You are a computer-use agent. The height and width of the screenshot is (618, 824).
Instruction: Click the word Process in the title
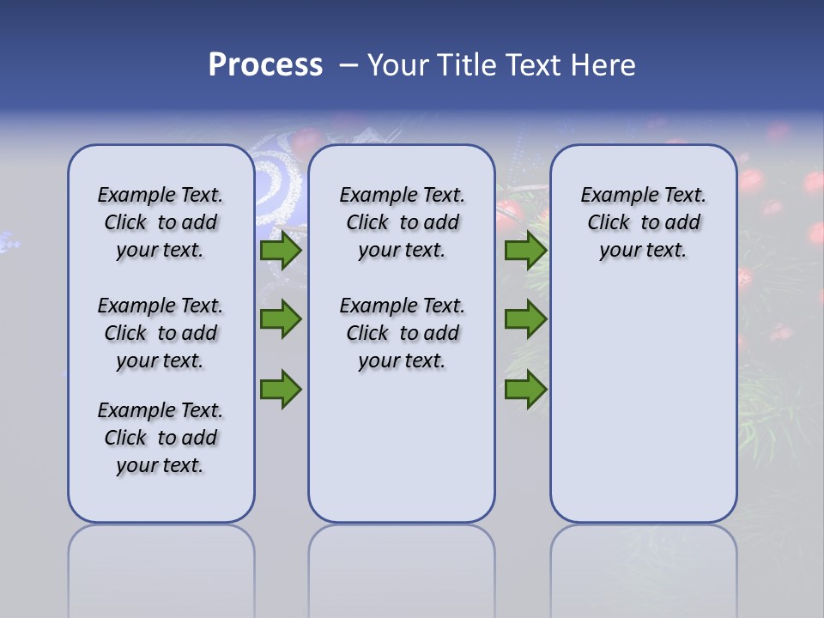(x=265, y=64)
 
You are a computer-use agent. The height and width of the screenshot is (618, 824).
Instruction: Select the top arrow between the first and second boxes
(x=281, y=251)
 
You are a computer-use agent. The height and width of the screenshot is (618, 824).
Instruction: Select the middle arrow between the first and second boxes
(x=281, y=319)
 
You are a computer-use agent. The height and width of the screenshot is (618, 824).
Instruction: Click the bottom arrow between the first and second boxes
(x=281, y=389)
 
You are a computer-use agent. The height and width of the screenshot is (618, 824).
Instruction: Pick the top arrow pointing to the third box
(x=525, y=251)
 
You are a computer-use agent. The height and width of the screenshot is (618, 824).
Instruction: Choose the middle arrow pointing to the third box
(x=525, y=319)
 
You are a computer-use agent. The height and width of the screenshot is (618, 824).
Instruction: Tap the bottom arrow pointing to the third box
(x=525, y=389)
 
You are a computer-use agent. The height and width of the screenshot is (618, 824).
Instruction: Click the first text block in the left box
(x=161, y=222)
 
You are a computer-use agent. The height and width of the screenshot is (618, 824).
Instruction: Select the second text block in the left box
(x=161, y=333)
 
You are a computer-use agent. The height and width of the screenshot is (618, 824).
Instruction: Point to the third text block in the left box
(x=161, y=438)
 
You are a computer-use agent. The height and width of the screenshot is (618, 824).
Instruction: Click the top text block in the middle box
(x=402, y=222)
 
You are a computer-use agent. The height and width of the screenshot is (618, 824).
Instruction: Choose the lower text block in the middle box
(x=402, y=333)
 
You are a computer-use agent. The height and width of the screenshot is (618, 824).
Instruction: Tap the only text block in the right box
(x=643, y=222)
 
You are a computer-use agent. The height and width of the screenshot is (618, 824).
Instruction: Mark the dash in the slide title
(x=348, y=65)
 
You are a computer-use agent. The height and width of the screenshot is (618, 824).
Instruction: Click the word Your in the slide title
(x=397, y=65)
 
